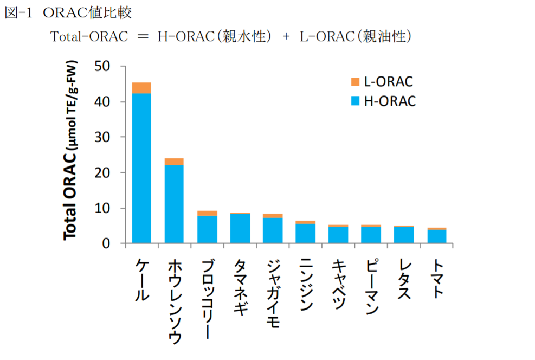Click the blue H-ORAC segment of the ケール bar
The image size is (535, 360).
(141, 168)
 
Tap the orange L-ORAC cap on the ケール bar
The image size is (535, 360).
(141, 88)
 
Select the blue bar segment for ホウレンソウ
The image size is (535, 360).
(174, 204)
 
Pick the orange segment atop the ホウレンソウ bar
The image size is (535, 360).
(174, 161)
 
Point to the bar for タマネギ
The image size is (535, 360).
(240, 228)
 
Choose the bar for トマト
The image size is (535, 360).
(436, 236)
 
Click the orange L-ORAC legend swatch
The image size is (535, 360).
(355, 82)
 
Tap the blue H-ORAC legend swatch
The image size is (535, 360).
(355, 101)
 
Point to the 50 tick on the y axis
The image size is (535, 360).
(102, 66)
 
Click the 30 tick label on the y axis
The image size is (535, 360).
(102, 137)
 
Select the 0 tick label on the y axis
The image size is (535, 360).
(107, 244)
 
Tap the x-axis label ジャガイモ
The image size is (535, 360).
(273, 293)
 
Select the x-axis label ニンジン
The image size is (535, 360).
(306, 285)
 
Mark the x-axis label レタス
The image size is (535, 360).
(404, 279)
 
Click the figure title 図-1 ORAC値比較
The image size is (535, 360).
(68, 12)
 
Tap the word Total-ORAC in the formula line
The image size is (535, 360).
(89, 36)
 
